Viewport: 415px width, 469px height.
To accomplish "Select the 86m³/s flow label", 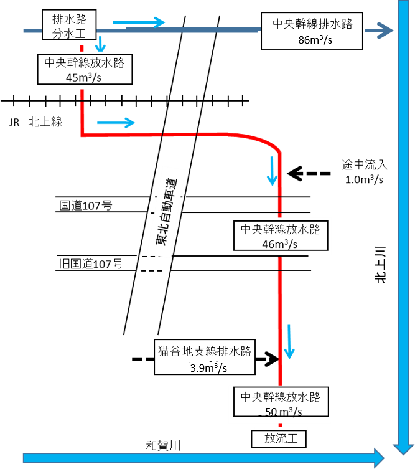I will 317,40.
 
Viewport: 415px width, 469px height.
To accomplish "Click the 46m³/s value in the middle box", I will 280,243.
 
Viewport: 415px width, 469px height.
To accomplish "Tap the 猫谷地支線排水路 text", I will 204,351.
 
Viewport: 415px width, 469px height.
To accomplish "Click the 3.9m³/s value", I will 208,367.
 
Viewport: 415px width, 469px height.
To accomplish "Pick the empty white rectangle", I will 327,83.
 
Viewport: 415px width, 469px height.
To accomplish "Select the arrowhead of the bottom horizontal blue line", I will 378,458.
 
